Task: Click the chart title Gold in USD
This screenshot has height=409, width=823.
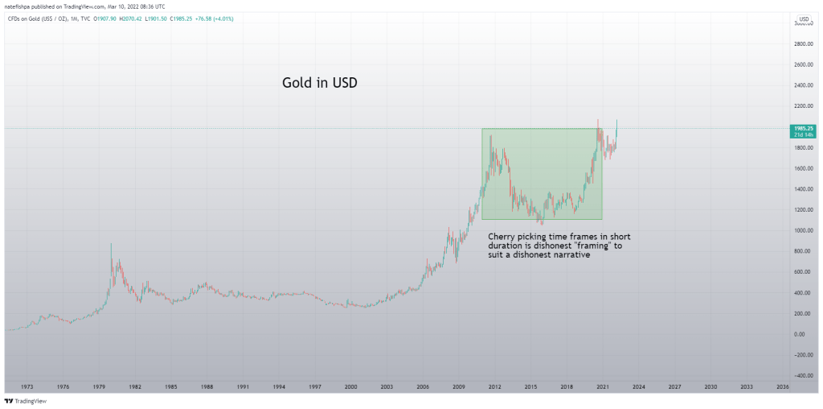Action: coord(319,83)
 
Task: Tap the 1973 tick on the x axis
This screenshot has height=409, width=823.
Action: coord(27,387)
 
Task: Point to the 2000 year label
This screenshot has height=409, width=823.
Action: coord(351,387)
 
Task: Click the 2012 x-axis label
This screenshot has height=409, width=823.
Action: coord(495,387)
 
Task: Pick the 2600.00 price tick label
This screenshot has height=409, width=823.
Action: coord(803,64)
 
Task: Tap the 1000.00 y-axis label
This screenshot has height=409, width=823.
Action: coord(803,230)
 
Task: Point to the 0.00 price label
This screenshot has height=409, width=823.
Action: coord(800,334)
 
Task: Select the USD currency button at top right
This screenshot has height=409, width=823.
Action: coord(803,19)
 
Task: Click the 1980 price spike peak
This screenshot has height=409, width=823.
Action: coord(111,244)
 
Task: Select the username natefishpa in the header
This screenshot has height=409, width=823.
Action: coord(19,6)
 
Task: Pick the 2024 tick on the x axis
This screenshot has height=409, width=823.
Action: coord(639,387)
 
